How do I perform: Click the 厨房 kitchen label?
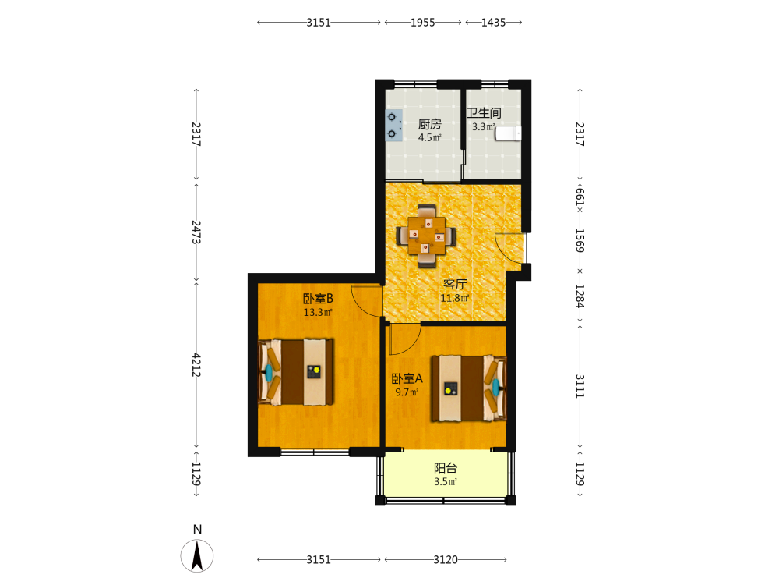click(x=429, y=124)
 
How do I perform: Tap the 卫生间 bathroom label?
click(x=484, y=113)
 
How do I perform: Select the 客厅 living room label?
click(x=455, y=284)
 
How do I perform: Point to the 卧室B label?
click(x=318, y=299)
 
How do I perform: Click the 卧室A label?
click(x=407, y=378)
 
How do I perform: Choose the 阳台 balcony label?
click(x=445, y=468)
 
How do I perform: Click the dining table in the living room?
click(x=426, y=236)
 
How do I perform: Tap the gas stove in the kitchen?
click(x=393, y=126)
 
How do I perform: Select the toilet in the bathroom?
click(x=508, y=133)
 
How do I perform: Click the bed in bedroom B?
click(x=296, y=371)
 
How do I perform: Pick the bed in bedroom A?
click(x=469, y=388)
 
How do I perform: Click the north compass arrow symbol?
click(x=197, y=555)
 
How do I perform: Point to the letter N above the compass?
click(x=197, y=530)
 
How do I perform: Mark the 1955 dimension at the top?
click(x=423, y=23)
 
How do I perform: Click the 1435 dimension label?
click(x=493, y=23)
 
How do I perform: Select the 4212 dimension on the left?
click(x=196, y=364)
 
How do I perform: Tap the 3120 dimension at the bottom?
click(x=446, y=559)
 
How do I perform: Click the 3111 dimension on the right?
click(x=580, y=386)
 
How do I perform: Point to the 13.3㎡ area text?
click(x=318, y=313)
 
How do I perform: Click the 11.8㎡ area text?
click(x=455, y=298)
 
